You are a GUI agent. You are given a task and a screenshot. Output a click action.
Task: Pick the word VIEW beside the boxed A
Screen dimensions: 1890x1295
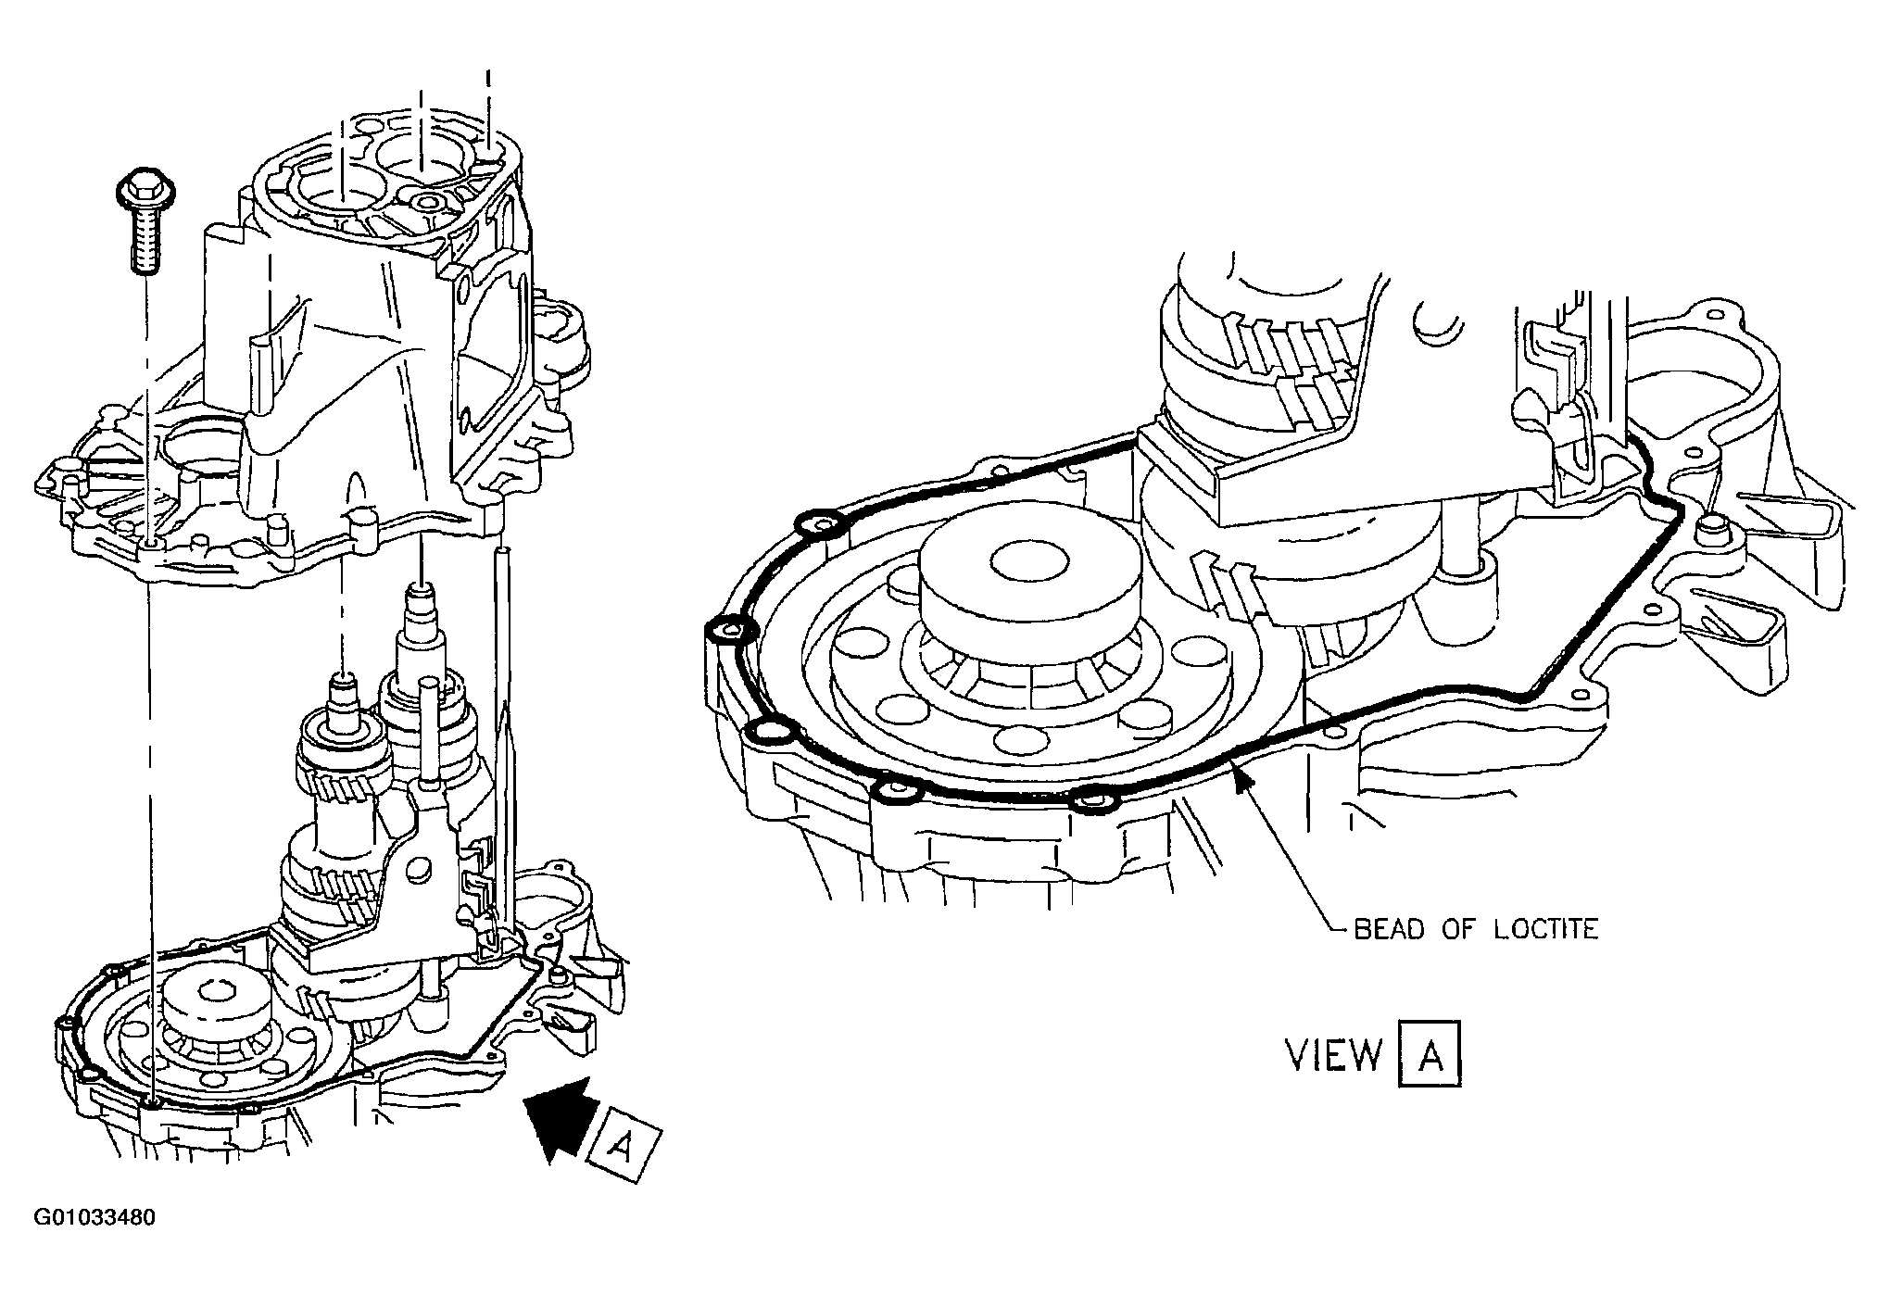(1333, 1054)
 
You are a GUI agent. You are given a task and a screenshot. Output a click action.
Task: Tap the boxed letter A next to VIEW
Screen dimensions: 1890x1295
(1429, 1054)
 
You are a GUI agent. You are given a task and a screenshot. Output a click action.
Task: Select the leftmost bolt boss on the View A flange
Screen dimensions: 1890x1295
(731, 633)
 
